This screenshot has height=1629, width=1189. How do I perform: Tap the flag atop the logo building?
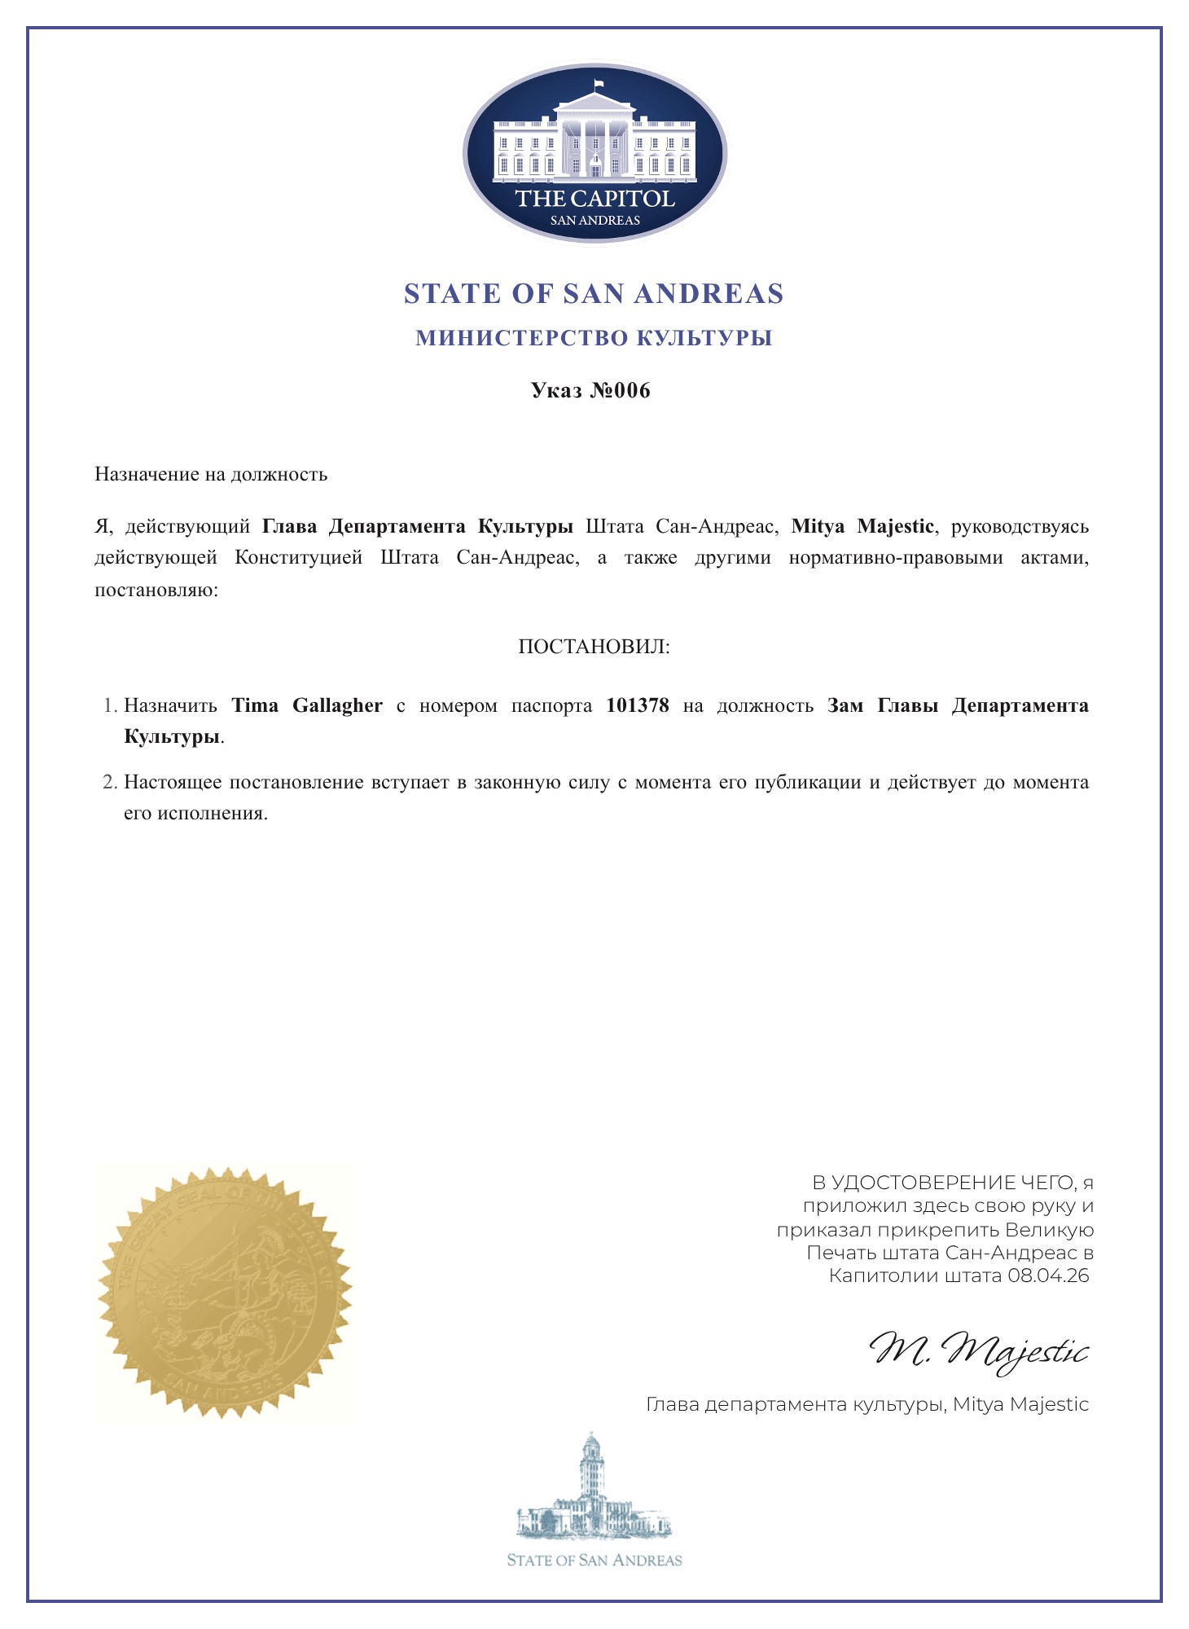599,83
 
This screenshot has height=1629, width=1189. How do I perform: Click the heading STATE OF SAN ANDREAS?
594,294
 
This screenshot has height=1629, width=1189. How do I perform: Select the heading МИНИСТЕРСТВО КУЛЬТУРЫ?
594,338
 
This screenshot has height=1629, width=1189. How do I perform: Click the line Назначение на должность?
211,474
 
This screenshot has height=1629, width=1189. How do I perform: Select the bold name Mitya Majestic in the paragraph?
862,526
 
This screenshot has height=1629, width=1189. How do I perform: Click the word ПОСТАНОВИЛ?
594,648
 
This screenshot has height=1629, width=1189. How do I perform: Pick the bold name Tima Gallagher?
307,705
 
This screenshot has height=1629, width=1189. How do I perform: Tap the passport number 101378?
638,705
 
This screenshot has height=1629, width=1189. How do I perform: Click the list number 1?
111,705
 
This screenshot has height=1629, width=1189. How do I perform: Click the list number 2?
111,783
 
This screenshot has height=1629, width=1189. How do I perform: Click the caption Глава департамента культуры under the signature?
795,1404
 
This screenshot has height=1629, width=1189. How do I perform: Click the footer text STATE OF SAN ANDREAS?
594,1561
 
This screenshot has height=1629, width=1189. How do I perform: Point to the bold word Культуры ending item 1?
172,737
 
